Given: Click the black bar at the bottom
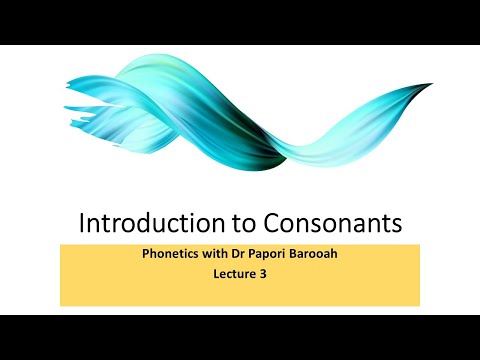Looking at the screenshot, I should point(240,337).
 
